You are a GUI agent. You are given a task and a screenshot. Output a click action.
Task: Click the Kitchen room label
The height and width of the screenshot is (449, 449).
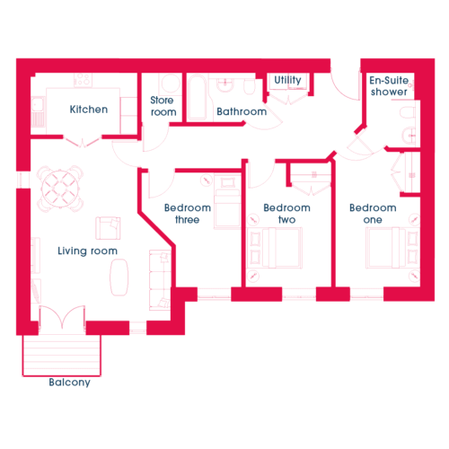point(89,110)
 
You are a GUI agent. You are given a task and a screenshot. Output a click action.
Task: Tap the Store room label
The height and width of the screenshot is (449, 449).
point(163,106)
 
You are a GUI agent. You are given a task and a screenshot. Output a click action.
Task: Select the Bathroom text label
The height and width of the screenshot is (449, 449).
point(242,111)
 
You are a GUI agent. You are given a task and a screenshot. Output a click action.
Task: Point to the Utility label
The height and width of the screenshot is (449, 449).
point(287,80)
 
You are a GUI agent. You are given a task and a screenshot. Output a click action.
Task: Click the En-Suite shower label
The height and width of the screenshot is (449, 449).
point(389,86)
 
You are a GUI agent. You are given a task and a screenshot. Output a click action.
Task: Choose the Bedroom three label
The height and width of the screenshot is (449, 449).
point(188,214)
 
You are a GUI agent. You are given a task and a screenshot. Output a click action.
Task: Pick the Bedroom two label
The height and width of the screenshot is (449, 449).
point(286,214)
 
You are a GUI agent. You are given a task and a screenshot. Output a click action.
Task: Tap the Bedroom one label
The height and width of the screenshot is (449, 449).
point(373,214)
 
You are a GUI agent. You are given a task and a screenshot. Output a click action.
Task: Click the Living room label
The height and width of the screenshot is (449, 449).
point(87,251)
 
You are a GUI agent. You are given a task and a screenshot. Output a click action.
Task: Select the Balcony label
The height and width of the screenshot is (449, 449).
point(69,383)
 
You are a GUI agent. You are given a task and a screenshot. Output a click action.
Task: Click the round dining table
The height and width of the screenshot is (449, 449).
point(60,189)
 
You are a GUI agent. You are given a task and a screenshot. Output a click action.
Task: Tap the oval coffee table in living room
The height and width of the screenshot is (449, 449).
point(119,277)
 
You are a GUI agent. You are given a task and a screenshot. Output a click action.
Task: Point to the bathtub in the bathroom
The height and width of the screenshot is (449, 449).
point(198,98)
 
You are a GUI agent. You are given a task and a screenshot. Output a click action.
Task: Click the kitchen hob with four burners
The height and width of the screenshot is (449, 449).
point(83,80)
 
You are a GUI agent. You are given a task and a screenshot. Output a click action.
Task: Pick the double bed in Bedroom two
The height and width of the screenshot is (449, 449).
point(275,248)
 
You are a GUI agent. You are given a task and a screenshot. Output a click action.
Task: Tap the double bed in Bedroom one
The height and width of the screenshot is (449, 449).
point(392,248)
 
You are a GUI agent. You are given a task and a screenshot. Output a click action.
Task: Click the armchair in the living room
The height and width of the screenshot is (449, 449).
point(108,228)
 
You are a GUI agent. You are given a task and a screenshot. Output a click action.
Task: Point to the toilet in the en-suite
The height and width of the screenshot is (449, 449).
point(408,112)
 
